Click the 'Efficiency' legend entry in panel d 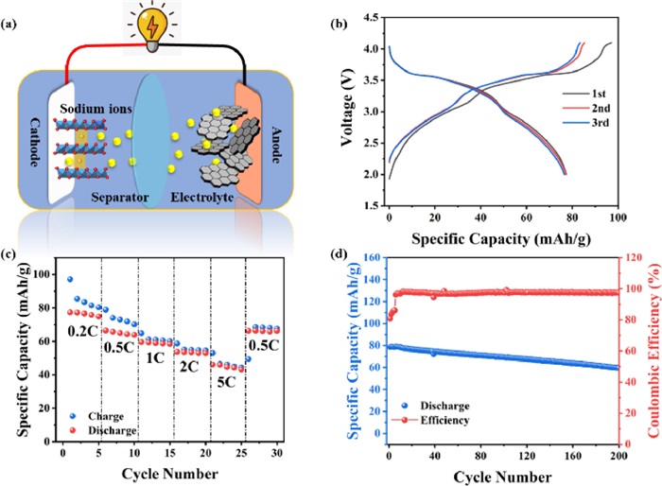pyautogui.click(x=444, y=418)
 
